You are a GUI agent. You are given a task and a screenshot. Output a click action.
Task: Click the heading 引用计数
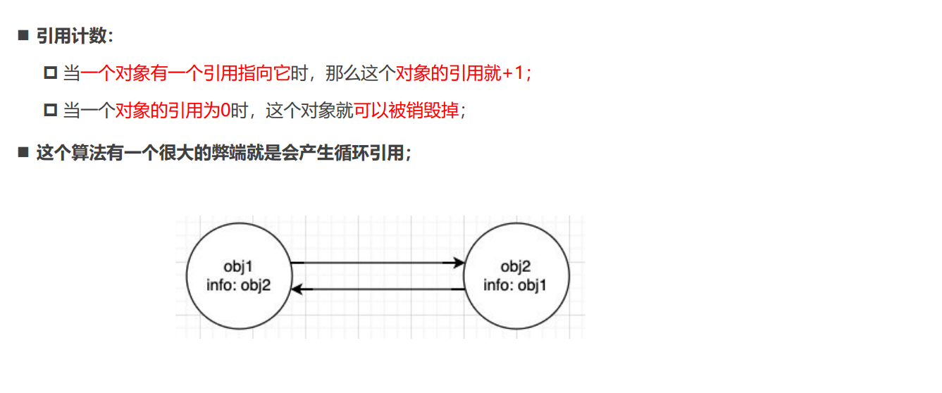(x=74, y=36)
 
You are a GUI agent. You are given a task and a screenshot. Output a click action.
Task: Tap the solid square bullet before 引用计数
(x=23, y=36)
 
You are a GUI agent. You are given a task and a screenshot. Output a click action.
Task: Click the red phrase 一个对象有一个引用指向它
(x=185, y=73)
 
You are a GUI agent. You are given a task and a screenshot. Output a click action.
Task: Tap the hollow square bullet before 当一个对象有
(x=50, y=73)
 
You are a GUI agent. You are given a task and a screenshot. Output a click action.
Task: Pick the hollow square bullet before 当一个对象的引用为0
(x=50, y=111)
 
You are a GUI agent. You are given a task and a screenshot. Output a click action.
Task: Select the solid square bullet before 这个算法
(x=23, y=153)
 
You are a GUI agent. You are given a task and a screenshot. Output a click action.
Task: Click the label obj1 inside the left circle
(x=238, y=266)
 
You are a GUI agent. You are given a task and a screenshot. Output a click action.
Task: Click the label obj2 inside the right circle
(x=515, y=266)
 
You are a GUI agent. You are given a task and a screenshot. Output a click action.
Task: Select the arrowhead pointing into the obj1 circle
(x=297, y=289)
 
